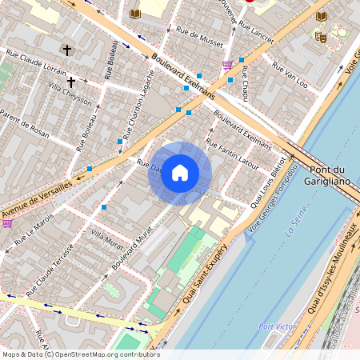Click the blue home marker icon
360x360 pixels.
(180, 173)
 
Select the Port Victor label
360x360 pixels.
(277, 326)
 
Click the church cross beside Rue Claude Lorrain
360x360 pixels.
(67, 50)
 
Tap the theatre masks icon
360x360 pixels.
(322, 36)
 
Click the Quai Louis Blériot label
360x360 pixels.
(268, 188)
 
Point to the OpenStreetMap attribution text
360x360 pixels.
(80, 354)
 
